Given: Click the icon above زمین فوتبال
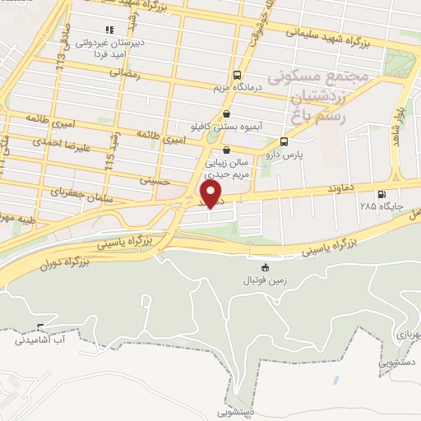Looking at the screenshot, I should tap(264, 268).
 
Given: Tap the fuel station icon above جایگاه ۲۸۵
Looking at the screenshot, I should tap(382, 194).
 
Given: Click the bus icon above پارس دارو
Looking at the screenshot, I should tap(285, 141).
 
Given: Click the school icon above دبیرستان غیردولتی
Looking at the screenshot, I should tap(109, 30).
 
